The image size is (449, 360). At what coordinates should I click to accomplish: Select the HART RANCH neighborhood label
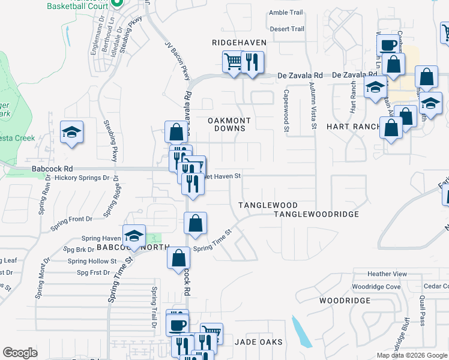tap(354, 127)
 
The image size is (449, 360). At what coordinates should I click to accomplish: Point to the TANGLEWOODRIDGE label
tap(316, 214)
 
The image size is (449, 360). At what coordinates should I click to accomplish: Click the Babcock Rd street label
tap(52, 169)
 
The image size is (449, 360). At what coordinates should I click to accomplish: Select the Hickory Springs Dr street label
tap(82, 178)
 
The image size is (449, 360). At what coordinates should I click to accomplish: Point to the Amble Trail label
tap(287, 13)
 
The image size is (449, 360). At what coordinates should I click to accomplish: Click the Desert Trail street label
tap(287, 29)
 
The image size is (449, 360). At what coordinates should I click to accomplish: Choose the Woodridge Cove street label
tap(376, 287)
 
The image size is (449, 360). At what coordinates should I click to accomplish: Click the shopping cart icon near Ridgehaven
tap(232, 61)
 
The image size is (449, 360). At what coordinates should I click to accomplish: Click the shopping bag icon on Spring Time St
tap(195, 224)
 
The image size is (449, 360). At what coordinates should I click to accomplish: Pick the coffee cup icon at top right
tap(388, 44)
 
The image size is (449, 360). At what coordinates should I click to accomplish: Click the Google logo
tap(20, 353)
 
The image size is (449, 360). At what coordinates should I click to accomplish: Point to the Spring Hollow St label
tap(92, 261)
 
